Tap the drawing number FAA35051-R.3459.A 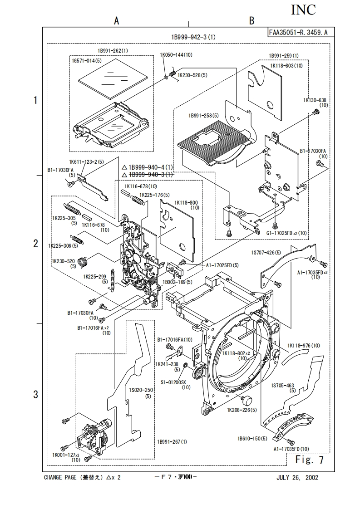(x=301, y=32)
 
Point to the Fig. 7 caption (x=310, y=460)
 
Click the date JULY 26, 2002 (x=297, y=478)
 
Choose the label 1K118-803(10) (x=286, y=66)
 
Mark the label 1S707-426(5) (x=266, y=252)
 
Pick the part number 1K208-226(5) (x=242, y=410)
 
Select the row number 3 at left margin (x=35, y=394)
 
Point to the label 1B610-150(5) (x=252, y=439)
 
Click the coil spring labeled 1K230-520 (x=83, y=262)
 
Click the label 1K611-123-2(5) (x=86, y=162)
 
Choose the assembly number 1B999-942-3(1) (x=193, y=37)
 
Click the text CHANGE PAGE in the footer (x=61, y=478)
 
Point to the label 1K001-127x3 (x=66, y=455)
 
